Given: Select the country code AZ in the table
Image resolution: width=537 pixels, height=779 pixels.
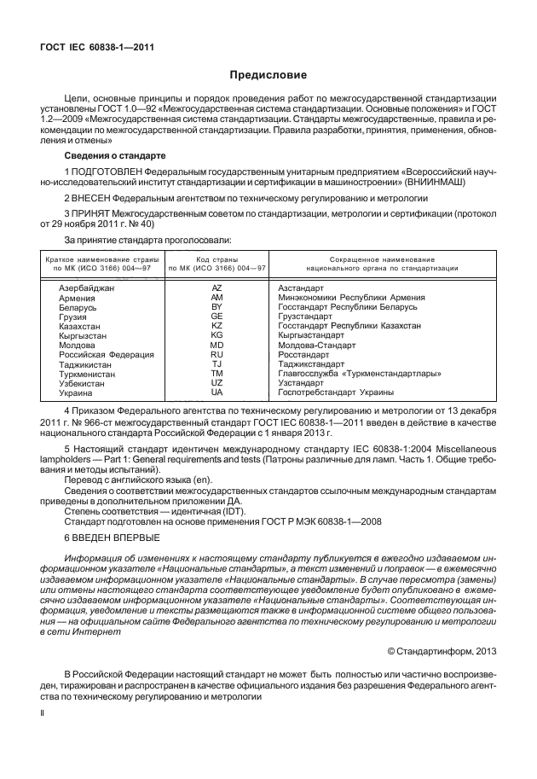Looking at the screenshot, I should click(x=217, y=288).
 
